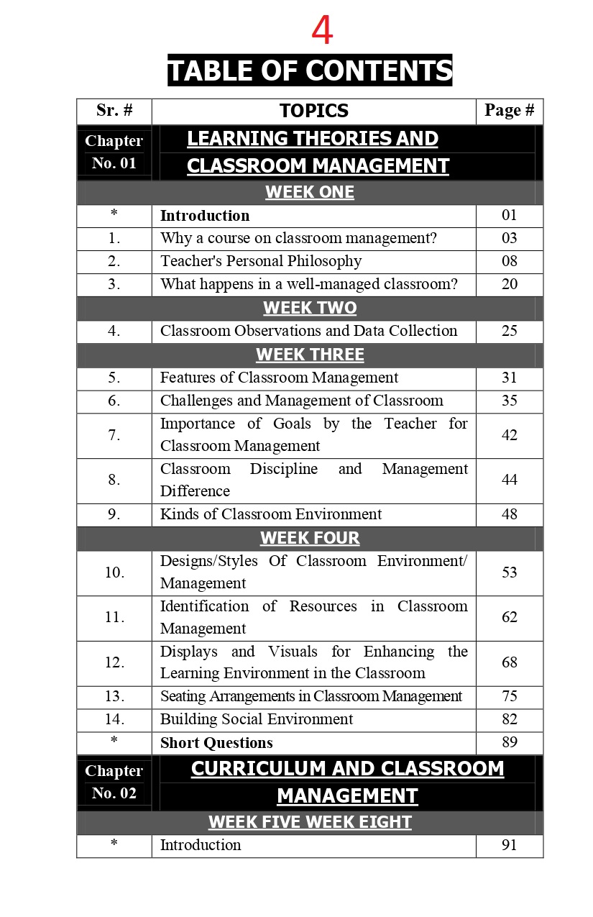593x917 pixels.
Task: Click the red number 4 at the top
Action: pyautogui.click(x=322, y=31)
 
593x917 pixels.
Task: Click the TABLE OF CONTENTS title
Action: pyautogui.click(x=310, y=70)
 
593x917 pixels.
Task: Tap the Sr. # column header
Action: pyautogui.click(x=114, y=110)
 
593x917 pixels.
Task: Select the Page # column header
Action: pyautogui.click(x=509, y=110)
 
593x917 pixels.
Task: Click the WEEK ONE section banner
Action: pyautogui.click(x=310, y=192)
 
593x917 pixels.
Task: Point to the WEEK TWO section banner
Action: pyautogui.click(x=310, y=308)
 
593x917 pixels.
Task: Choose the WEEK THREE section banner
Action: pyautogui.click(x=310, y=355)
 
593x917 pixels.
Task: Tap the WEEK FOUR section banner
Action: pyautogui.click(x=310, y=538)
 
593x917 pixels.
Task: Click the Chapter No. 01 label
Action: pyautogui.click(x=114, y=152)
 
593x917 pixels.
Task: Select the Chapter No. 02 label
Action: pyautogui.click(x=114, y=782)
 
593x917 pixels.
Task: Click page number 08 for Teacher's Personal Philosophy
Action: pyautogui.click(x=509, y=261)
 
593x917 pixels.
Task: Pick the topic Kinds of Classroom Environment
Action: pyautogui.click(x=271, y=514)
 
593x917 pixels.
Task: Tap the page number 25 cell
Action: pyautogui.click(x=509, y=331)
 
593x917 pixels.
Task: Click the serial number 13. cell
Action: pyautogui.click(x=114, y=696)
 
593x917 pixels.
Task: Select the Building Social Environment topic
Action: pyautogui.click(x=257, y=719)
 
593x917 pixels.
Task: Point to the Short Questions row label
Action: pyautogui.click(x=216, y=742)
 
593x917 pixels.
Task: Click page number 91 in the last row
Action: pyautogui.click(x=509, y=845)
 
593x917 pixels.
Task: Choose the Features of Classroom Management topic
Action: pyautogui.click(x=279, y=378)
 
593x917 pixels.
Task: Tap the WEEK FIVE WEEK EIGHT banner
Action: pyautogui.click(x=310, y=822)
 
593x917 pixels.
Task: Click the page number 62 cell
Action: pyautogui.click(x=509, y=617)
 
